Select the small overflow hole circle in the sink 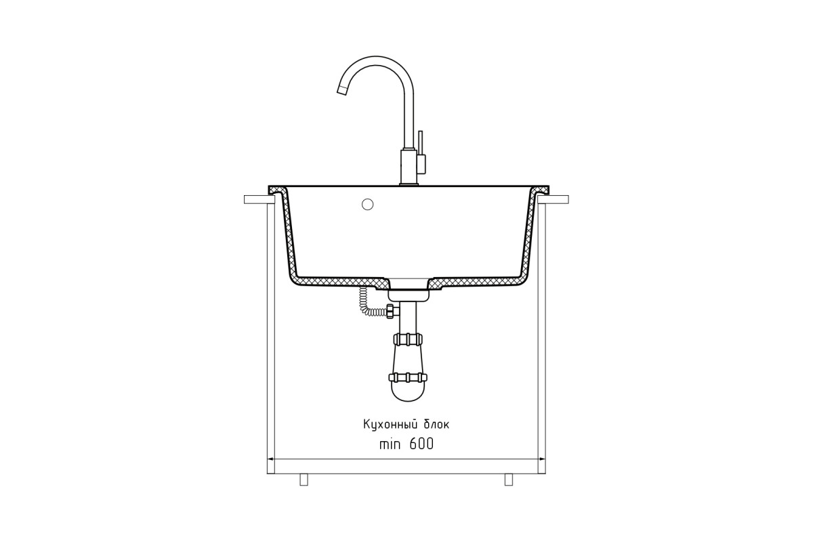coord(368,205)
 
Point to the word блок coord(436,424)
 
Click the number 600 coord(421,444)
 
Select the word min coord(390,444)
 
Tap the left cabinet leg coord(304,480)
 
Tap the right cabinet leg coord(509,480)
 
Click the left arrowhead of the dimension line coord(271,459)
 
